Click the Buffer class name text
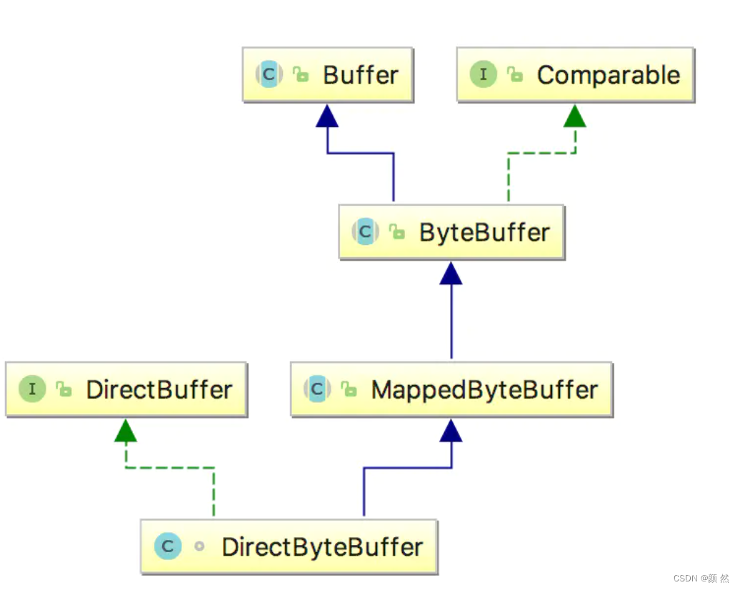coord(361,75)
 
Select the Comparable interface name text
coord(608,75)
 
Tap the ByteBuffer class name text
coord(484,232)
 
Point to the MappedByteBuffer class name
coord(484,389)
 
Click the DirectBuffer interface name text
coord(159,389)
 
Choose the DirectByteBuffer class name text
coord(322,547)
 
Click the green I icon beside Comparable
coord(484,74)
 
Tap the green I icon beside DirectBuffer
coord(32,389)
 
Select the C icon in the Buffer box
coord(269,74)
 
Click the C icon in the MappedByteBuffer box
coord(317,389)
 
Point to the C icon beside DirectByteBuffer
coord(168,547)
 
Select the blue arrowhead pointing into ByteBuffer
coord(451,273)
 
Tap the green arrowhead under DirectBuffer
coord(126,430)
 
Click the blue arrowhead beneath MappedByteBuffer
coord(451,430)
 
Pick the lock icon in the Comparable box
coord(514,74)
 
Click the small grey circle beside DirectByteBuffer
coord(199,547)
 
